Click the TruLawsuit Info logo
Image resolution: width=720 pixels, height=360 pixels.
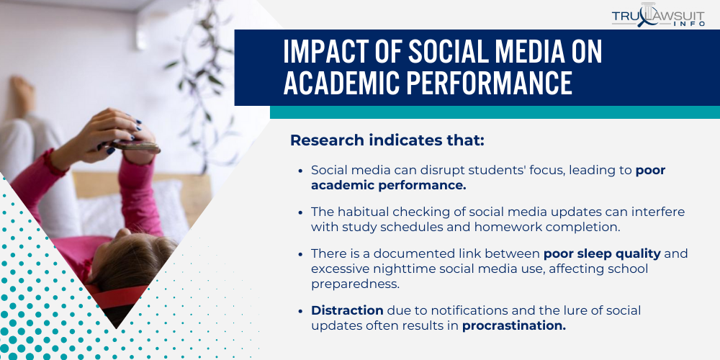click(x=657, y=15)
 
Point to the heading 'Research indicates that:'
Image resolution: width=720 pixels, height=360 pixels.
click(x=387, y=140)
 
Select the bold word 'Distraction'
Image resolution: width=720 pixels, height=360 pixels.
click(x=347, y=310)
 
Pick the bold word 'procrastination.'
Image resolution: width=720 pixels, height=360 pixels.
click(x=514, y=325)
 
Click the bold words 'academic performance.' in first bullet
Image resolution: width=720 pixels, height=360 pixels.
click(x=389, y=185)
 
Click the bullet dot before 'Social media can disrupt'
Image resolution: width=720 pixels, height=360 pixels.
click(x=300, y=171)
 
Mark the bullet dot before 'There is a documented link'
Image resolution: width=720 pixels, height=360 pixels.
click(x=300, y=254)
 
